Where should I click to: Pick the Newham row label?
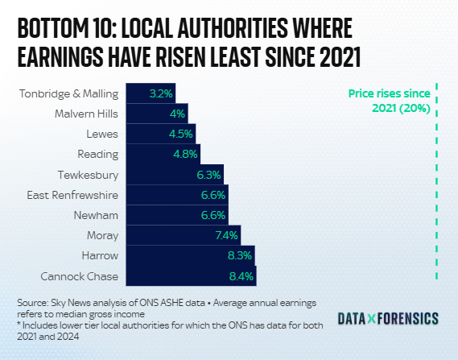(x=97, y=215)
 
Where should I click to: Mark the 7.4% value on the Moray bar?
(x=227, y=235)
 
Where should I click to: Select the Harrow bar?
(x=190, y=256)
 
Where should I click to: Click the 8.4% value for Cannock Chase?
(x=241, y=276)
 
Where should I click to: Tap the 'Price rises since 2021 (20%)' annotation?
(x=389, y=101)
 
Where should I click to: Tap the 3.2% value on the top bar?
(x=161, y=93)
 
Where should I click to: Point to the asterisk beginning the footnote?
(x=19, y=324)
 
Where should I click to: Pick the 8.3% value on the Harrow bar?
(x=240, y=256)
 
